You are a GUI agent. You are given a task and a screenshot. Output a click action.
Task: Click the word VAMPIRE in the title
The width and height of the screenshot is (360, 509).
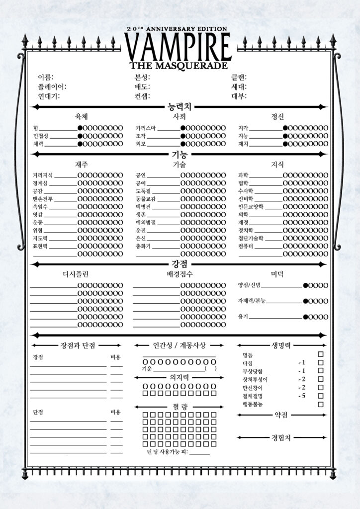pyautogui.click(x=179, y=47)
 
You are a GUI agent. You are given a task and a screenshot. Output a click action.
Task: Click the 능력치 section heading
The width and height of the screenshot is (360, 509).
pyautogui.click(x=180, y=106)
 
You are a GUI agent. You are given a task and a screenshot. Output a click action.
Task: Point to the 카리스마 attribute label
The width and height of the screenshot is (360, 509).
pyautogui.click(x=146, y=128)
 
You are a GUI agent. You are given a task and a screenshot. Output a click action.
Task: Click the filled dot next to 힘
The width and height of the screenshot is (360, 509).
pyautogui.click(x=80, y=128)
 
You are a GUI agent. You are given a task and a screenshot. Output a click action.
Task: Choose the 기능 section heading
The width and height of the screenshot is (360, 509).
pyautogui.click(x=180, y=154)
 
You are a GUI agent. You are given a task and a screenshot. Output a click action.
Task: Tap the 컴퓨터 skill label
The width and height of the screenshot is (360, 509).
pyautogui.click(x=247, y=246)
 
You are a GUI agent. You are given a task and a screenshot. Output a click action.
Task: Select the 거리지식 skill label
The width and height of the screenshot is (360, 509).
pyautogui.click(x=43, y=175)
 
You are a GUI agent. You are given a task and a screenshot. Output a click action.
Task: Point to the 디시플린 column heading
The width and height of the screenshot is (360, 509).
pyautogui.click(x=76, y=274)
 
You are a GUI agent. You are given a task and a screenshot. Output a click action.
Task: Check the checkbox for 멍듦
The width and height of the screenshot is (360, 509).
pyautogui.click(x=321, y=354)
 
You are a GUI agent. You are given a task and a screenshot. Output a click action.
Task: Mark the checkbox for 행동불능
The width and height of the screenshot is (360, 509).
pyautogui.click(x=321, y=405)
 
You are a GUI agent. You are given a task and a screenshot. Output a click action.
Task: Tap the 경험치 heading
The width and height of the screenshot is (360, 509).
pyautogui.click(x=281, y=437)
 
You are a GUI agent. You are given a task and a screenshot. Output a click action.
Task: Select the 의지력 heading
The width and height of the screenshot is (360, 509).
pyautogui.click(x=179, y=377)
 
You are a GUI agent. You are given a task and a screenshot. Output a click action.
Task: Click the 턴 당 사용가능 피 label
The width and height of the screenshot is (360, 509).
pyautogui.click(x=167, y=452)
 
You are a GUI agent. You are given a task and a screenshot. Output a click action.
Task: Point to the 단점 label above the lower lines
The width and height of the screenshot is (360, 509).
pyautogui.click(x=38, y=413)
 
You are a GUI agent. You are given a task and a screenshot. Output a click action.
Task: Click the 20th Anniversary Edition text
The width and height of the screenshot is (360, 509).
pyautogui.click(x=180, y=29)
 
